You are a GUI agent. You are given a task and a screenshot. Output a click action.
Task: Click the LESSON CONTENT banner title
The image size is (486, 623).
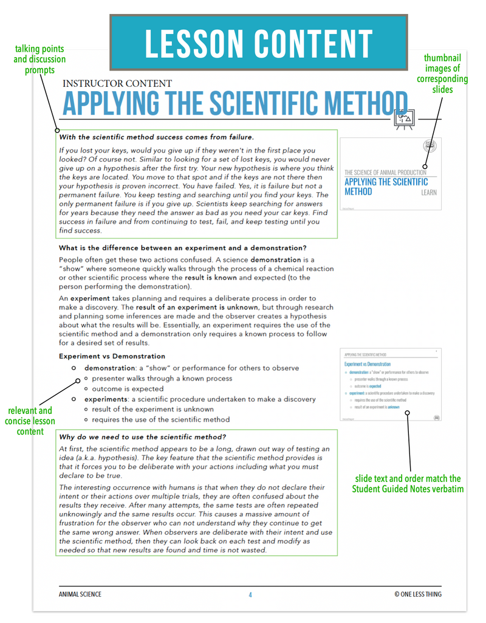coord(258,43)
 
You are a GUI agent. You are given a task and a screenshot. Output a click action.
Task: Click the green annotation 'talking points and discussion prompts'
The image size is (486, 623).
coord(39,60)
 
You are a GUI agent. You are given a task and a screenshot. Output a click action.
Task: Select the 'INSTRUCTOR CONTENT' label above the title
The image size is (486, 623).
coord(117,83)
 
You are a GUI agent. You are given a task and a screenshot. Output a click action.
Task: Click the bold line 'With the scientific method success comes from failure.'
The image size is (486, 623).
coord(156,137)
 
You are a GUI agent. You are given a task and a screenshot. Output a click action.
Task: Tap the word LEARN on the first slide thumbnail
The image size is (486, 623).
coord(429,193)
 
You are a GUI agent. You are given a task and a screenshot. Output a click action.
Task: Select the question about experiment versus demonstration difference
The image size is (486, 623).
coord(182,247)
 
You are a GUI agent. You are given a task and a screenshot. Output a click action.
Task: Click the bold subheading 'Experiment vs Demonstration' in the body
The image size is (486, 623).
coord(112,356)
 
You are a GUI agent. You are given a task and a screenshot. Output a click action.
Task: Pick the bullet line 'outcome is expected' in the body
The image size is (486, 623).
coord(127,388)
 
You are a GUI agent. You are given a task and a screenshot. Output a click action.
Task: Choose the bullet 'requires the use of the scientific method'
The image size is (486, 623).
coord(160,419)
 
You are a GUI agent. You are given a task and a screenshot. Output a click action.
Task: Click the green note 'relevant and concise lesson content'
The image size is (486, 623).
coord(30,421)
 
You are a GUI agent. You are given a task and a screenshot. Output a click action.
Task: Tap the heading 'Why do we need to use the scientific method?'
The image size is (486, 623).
coord(142,436)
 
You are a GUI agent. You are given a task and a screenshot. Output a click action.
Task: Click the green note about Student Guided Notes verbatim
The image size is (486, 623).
coord(406,483)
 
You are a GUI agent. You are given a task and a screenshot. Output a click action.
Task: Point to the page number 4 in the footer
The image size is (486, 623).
coord(250,594)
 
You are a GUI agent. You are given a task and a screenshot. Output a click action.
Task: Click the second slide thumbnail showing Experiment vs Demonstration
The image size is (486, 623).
coord(391,385)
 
